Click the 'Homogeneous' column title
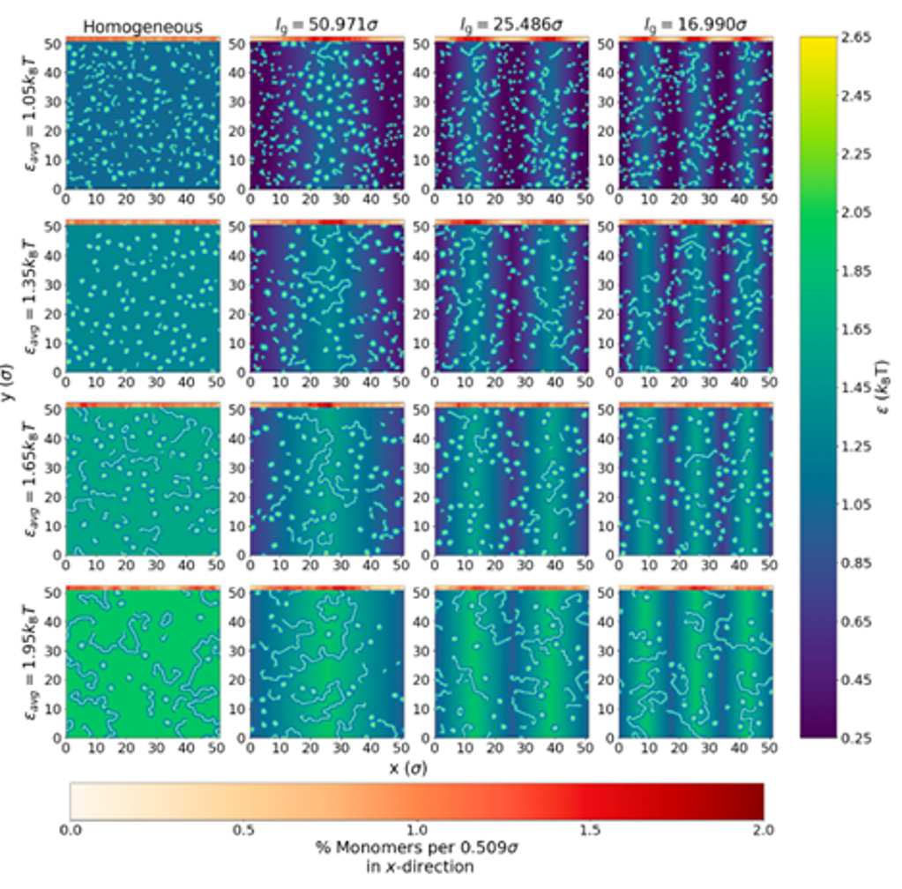tap(142, 27)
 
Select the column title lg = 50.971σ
tap(325, 27)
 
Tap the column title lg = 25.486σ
tap(511, 27)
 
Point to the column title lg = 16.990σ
tap(695, 27)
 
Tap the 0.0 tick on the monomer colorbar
tap(70, 830)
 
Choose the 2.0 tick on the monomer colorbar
tap(764, 830)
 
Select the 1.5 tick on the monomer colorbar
tap(590, 830)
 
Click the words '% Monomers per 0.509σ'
tap(417, 848)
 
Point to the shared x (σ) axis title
tap(409, 768)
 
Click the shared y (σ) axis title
tap(8, 387)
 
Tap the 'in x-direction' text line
tap(417, 867)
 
